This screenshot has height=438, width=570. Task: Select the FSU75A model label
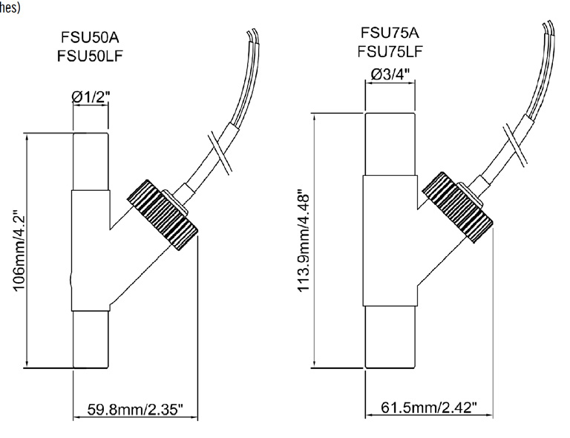390,33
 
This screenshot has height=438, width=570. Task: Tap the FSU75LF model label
390,52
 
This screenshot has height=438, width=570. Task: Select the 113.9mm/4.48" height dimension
304,241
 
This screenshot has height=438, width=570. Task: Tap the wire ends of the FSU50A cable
252,35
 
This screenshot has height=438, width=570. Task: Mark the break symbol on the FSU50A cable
219,152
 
